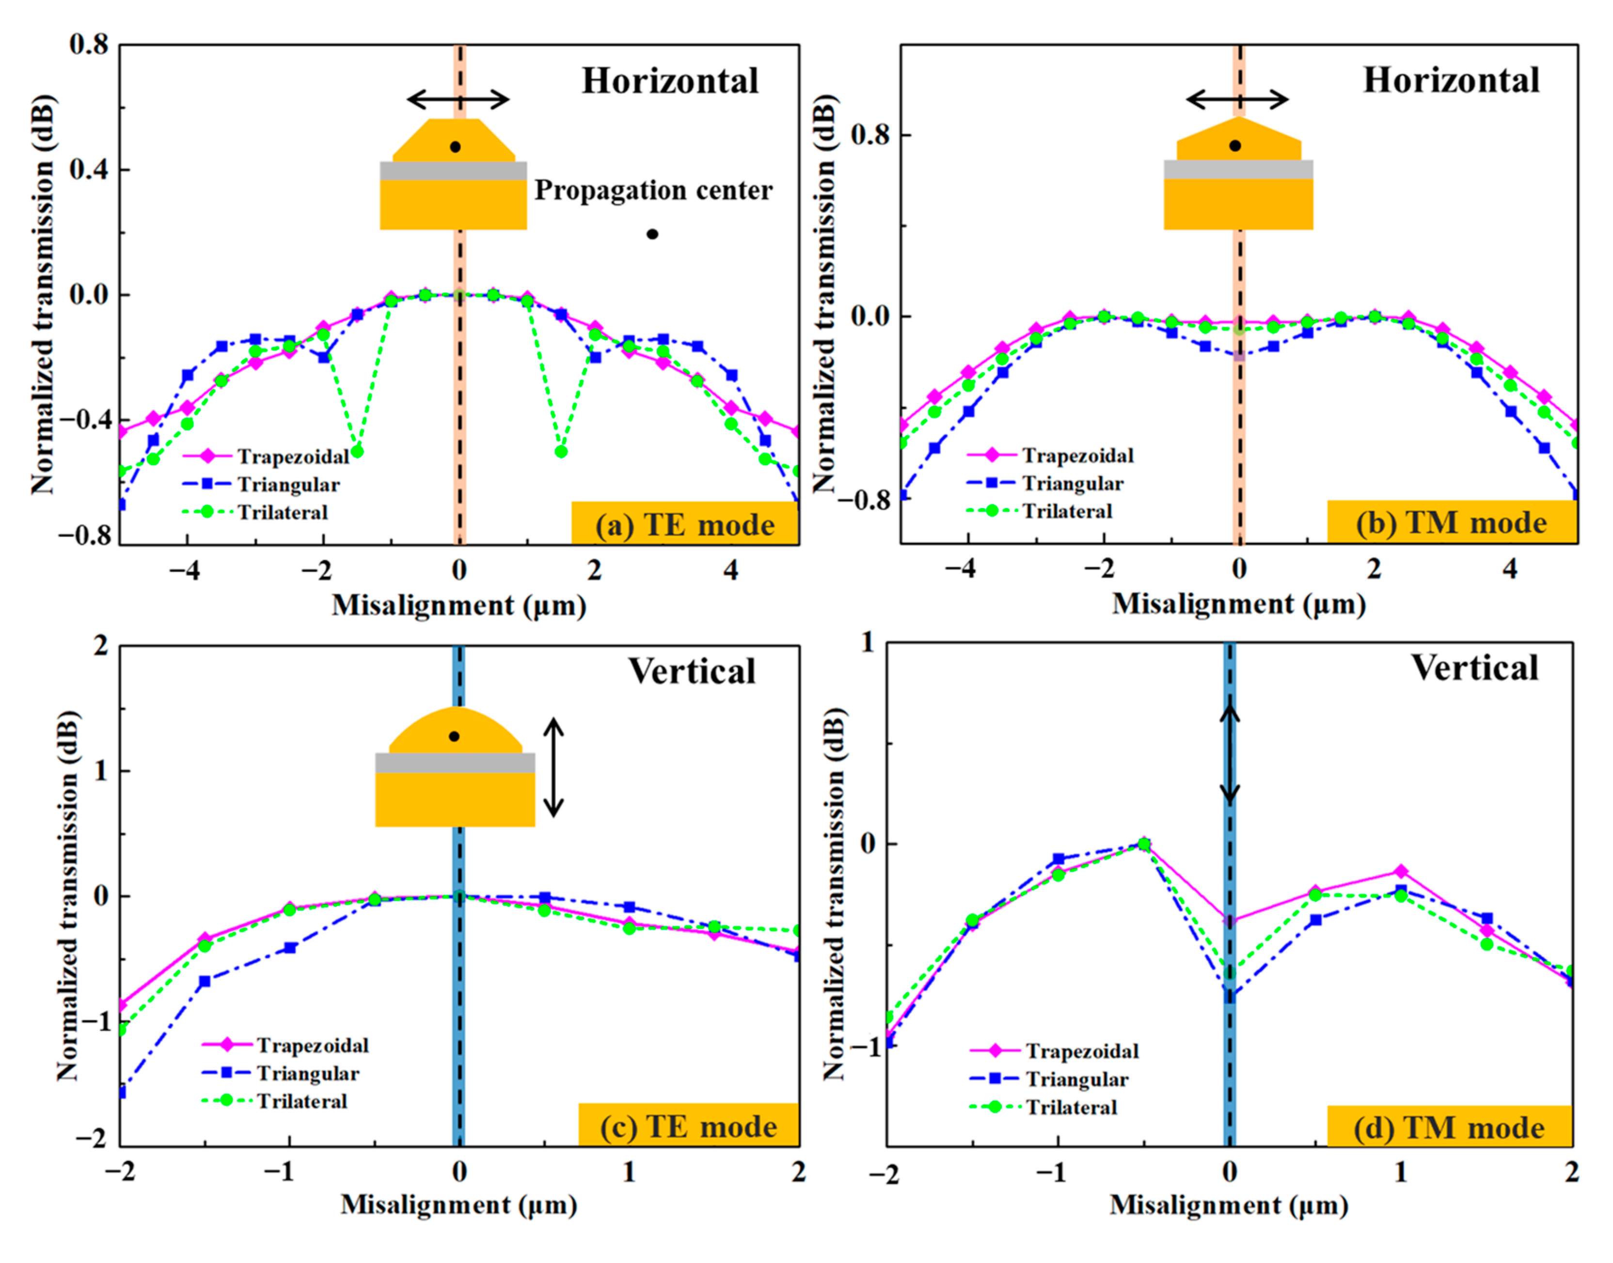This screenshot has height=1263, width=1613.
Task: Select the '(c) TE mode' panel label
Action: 689,1126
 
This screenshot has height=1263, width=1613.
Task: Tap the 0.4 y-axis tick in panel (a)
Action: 89,169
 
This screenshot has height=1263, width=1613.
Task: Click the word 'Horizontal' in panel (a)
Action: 670,80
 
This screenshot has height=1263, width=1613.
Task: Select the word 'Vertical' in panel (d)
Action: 1475,668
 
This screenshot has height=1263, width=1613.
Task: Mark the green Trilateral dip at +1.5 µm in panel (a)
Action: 561,451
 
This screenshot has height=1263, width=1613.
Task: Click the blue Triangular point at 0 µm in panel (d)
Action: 1229,996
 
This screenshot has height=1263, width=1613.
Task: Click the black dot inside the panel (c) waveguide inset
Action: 454,737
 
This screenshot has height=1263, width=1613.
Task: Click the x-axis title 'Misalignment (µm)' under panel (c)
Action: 459,1204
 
